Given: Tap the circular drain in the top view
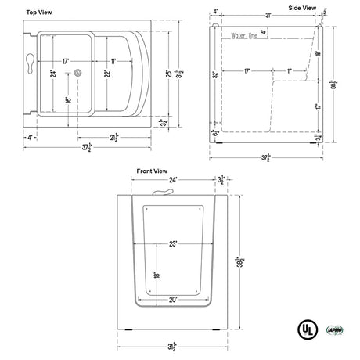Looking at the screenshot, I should (x=79, y=73).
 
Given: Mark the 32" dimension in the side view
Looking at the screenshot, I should (x=214, y=76).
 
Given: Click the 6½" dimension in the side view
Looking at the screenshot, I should (x=214, y=134).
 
